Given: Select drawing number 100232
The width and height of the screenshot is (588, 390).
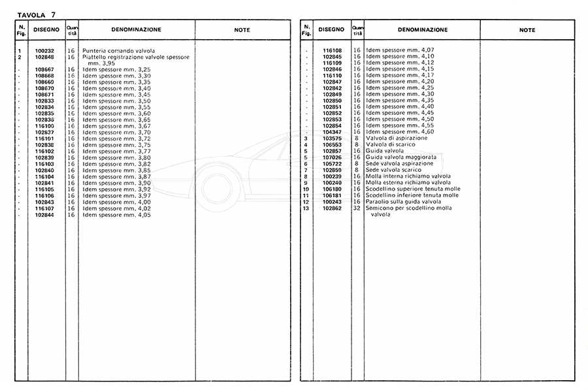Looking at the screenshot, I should [x=44, y=51].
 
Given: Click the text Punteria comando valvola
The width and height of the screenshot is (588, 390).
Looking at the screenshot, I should [x=118, y=51].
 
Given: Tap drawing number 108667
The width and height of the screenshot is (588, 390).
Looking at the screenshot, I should [x=44, y=70].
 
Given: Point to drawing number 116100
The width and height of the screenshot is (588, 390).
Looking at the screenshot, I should [x=44, y=126].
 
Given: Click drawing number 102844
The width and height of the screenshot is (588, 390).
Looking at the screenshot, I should [x=44, y=214].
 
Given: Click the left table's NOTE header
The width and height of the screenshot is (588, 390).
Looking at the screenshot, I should [x=242, y=30].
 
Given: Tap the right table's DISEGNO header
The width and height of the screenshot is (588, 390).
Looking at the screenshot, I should [x=331, y=30].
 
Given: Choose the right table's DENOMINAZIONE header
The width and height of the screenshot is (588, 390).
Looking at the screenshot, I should [x=416, y=30].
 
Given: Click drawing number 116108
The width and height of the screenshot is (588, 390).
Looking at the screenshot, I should [x=332, y=50].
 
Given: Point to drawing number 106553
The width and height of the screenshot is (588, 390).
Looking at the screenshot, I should [x=332, y=145].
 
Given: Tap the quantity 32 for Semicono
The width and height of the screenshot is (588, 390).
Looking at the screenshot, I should [x=357, y=208].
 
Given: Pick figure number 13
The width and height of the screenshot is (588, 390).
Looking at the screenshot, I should [x=305, y=208].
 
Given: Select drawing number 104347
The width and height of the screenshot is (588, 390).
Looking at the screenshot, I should [x=332, y=132].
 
